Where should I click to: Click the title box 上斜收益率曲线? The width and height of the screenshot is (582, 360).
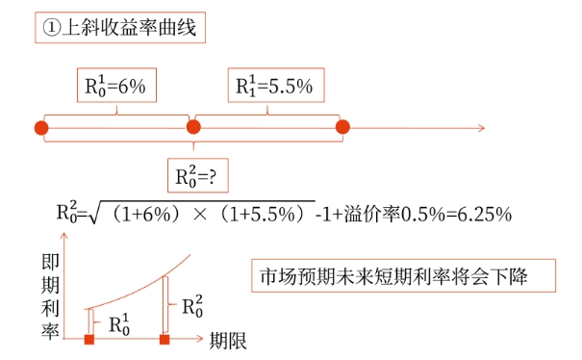pyautogui.click(x=120, y=28)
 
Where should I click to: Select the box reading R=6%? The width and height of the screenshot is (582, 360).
pyautogui.click(x=116, y=85)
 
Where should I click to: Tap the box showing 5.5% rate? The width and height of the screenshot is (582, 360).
pyautogui.click(x=276, y=85)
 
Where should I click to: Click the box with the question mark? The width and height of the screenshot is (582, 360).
pyautogui.click(x=198, y=176)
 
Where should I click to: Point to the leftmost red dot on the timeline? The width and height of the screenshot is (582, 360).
pyautogui.click(x=41, y=128)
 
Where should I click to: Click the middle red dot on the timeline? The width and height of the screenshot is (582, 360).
pyautogui.click(x=193, y=127)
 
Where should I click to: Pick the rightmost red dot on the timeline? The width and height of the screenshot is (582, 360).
pyautogui.click(x=342, y=127)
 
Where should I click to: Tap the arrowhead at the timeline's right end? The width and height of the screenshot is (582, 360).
pyautogui.click(x=482, y=128)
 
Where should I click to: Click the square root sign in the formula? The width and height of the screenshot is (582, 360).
pyautogui.click(x=92, y=212)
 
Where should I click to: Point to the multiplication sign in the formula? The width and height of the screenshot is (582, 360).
pyautogui.click(x=200, y=215)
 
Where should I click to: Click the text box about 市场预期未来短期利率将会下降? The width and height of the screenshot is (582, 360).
pyautogui.click(x=403, y=275)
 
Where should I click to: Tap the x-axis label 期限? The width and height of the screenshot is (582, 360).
pyautogui.click(x=228, y=341)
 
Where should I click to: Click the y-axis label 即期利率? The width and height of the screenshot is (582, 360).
pyautogui.click(x=50, y=296)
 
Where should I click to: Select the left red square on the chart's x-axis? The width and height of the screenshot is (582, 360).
pyautogui.click(x=89, y=339)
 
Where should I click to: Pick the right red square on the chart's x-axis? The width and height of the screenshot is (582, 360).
pyautogui.click(x=164, y=339)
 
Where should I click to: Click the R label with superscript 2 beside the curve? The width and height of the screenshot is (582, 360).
pyautogui.click(x=192, y=306)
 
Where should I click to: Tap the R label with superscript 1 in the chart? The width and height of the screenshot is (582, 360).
pyautogui.click(x=119, y=324)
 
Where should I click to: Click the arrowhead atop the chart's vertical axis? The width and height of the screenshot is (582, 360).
pyautogui.click(x=64, y=236)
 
